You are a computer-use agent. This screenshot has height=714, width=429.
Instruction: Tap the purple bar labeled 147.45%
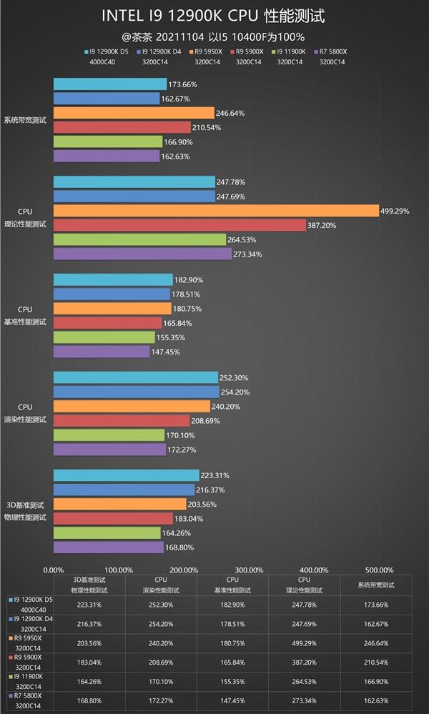tap(102, 352)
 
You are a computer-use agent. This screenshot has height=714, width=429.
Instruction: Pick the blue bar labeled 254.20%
tap(136, 392)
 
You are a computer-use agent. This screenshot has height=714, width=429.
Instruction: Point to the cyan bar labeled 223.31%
tap(126, 475)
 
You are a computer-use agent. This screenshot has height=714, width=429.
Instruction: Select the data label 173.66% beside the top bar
tap(183, 84)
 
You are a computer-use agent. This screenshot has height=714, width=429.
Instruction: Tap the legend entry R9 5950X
tap(209, 51)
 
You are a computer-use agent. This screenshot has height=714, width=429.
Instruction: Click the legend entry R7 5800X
tap(333, 51)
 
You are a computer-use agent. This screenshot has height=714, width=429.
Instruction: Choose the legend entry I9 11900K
tap(292, 51)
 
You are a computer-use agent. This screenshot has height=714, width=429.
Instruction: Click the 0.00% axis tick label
tap(54, 570)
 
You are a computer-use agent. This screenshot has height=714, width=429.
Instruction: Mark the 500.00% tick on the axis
tap(378, 570)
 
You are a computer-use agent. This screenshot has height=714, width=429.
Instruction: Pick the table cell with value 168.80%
tap(89, 700)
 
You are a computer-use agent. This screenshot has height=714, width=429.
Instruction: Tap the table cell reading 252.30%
tap(161, 604)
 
